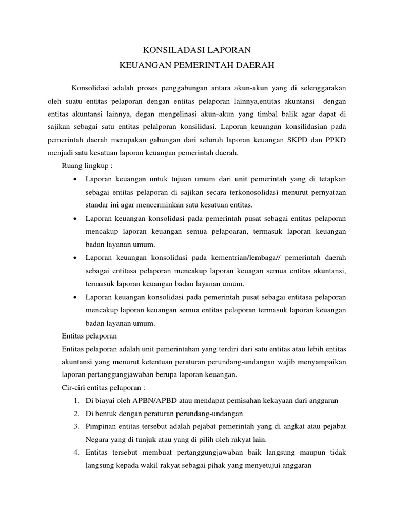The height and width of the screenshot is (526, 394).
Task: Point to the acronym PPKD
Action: coord(343,139)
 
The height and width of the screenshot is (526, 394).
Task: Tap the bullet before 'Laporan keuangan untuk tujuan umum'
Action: coord(75,179)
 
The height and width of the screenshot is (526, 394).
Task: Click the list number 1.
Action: coord(75,401)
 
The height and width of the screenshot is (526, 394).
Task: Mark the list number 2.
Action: coord(75,414)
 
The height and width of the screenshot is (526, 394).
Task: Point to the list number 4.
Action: coord(75,453)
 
